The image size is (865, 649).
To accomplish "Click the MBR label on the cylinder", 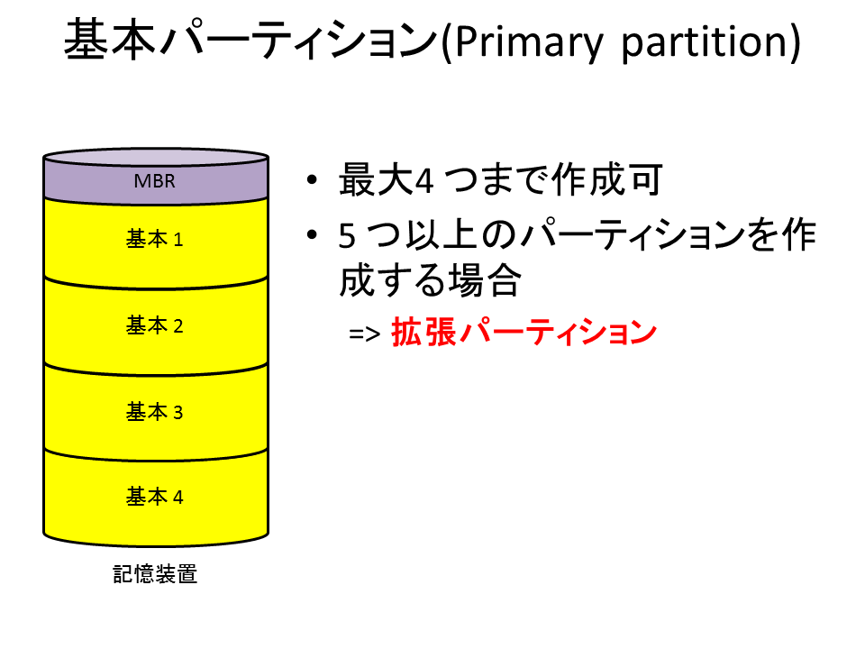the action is pos(154,181).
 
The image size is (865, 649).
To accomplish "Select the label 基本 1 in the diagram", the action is pos(154,239).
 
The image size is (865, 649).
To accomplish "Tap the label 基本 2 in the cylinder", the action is pos(154,325).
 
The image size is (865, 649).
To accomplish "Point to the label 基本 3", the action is pos(154,412).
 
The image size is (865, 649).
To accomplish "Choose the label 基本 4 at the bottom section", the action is pos(154,497).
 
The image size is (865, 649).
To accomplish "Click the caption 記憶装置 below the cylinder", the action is pos(155,574).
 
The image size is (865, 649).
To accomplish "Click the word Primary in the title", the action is pos(529,42).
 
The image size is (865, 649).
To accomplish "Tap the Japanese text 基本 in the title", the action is pos(110,39).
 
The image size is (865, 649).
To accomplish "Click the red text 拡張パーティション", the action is pos(524,333).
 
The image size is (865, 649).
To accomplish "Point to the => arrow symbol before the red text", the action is pos(364,334).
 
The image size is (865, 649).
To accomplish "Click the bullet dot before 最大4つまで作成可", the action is pos(313,179).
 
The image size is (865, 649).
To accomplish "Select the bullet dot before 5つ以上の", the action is pos(313,234).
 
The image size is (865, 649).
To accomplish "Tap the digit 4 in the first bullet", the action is pos(423,180).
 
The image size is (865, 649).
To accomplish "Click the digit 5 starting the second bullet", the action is pos(347,236).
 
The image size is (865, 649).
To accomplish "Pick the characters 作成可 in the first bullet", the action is pos(607,179).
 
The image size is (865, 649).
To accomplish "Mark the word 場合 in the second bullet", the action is pos(485,279).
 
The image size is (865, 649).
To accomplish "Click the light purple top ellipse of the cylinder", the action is pos(156,157).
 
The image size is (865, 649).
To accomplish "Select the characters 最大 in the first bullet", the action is pos(376,179).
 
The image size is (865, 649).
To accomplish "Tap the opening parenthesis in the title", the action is pos(447,42).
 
